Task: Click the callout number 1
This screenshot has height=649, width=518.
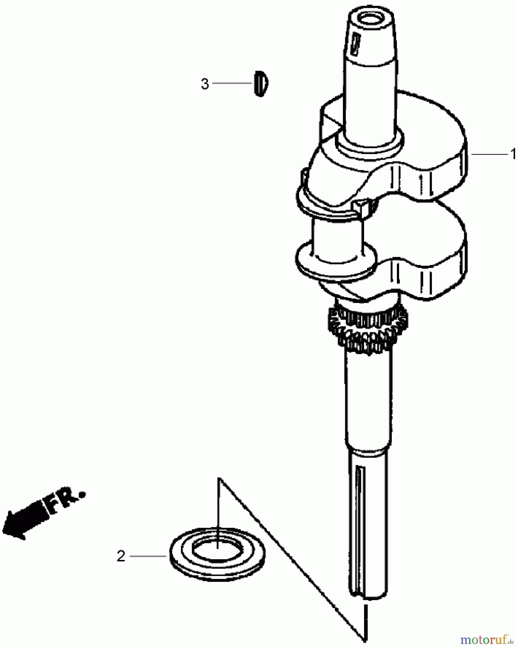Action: [x=513, y=155]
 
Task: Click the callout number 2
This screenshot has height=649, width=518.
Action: [x=121, y=556]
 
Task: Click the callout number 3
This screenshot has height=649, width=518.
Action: [x=205, y=84]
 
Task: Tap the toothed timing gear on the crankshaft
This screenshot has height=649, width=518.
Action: [x=368, y=328]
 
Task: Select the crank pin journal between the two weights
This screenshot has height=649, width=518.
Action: [x=337, y=238]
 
